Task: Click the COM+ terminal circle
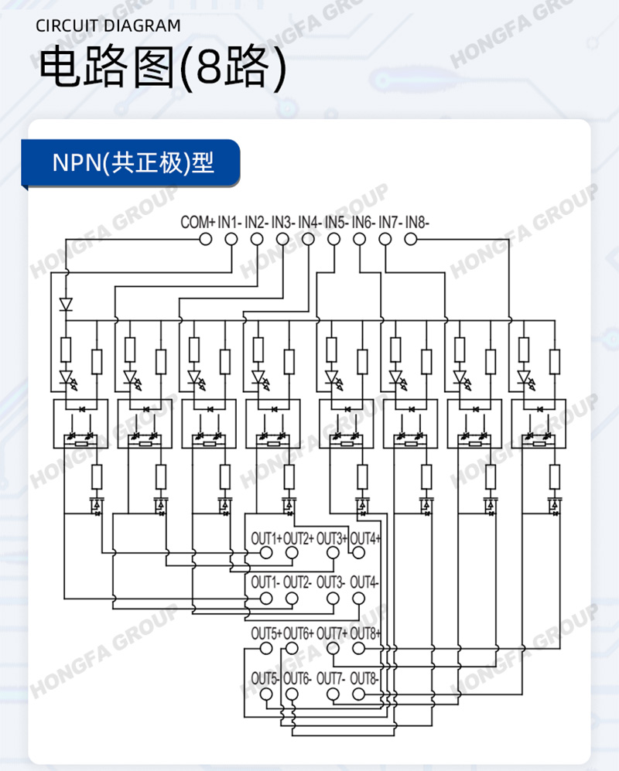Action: click(x=206, y=240)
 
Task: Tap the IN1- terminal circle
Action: click(x=231, y=240)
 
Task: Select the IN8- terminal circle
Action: click(x=410, y=240)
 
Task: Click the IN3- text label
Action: click(x=283, y=223)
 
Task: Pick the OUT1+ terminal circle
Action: click(x=266, y=553)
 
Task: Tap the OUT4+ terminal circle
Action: click(x=359, y=553)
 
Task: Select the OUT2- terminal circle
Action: click(x=292, y=599)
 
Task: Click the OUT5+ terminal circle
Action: click(x=266, y=649)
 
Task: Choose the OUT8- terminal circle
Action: click(x=359, y=694)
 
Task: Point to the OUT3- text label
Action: click(x=330, y=582)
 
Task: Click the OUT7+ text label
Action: click(x=332, y=633)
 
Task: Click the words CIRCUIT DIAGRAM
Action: click(x=108, y=26)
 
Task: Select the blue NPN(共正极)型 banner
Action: click(x=131, y=163)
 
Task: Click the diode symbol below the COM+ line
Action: click(x=66, y=305)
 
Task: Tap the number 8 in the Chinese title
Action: click(x=210, y=67)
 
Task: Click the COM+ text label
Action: click(x=198, y=223)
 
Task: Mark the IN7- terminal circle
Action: click(x=385, y=240)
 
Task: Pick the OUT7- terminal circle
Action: click(x=333, y=694)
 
